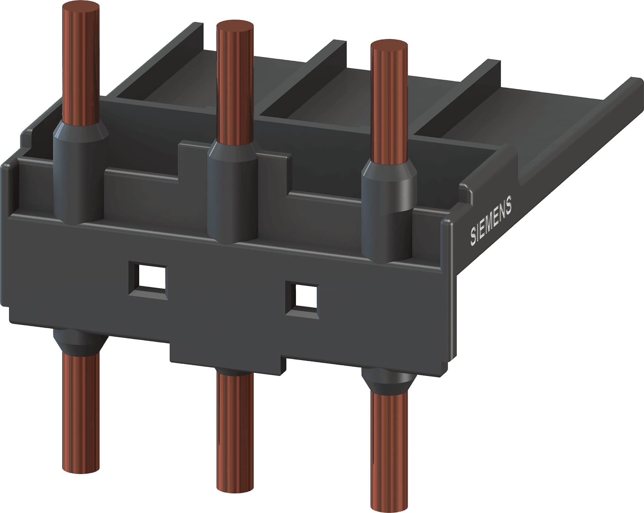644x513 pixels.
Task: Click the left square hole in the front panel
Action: (x=147, y=280)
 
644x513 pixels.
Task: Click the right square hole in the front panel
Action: (x=302, y=300)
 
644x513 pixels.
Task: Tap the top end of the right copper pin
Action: (x=389, y=47)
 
